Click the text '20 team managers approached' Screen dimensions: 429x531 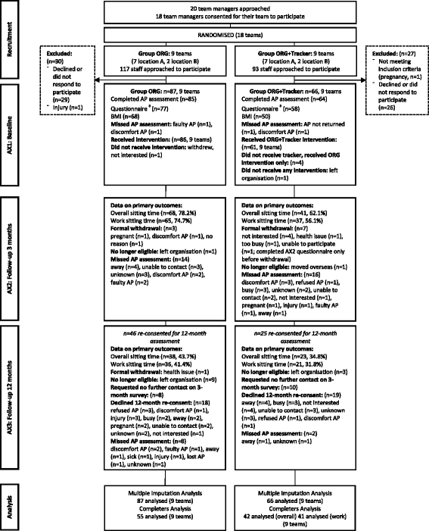click(x=214, y=6)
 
